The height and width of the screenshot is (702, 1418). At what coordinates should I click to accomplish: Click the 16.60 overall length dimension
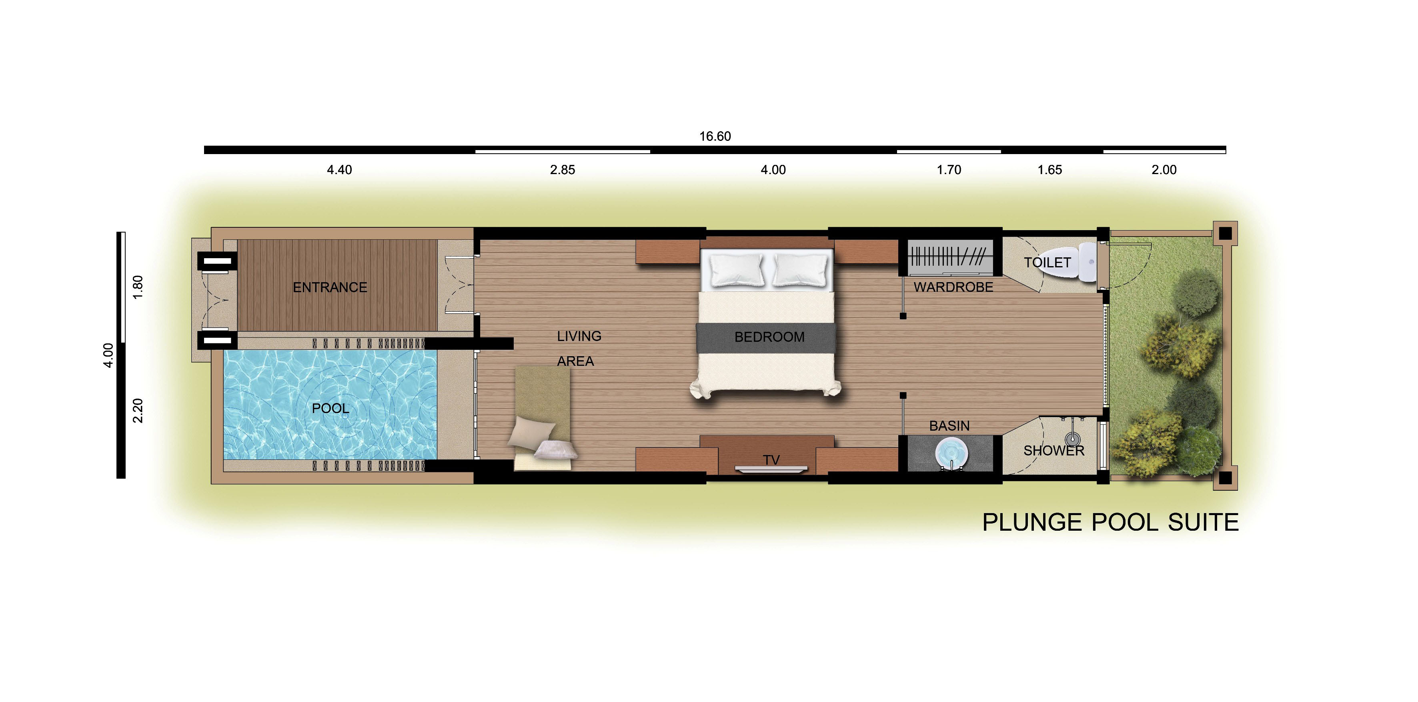pos(715,136)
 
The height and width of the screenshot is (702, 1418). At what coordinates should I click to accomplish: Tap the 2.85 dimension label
pos(563,170)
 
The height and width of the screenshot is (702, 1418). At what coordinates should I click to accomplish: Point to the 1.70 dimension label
pos(949,170)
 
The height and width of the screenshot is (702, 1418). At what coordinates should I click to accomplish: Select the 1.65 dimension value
pos(1050,170)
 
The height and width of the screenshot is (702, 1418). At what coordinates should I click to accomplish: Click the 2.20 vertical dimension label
pos(138,411)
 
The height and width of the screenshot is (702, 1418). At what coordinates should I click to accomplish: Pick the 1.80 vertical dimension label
pos(138,287)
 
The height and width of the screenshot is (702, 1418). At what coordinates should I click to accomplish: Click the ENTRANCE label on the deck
pos(330,287)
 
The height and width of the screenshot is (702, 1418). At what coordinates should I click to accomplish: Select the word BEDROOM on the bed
pos(769,337)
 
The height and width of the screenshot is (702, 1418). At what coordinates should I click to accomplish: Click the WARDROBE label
pos(953,287)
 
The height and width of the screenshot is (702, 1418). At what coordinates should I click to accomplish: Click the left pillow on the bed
pos(737,270)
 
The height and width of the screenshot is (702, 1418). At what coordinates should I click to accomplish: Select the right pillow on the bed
pos(800,270)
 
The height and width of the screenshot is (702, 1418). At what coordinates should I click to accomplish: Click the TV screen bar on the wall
pos(771,469)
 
